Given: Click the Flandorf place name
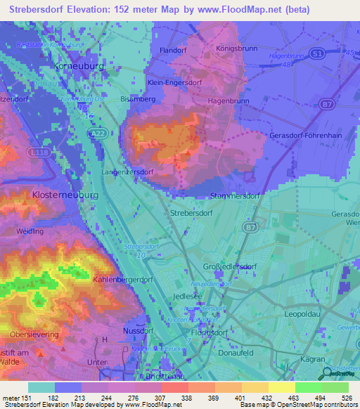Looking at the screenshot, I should pos(173,51).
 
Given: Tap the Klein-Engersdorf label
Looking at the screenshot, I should pos(174,82).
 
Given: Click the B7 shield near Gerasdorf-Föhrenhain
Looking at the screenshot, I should pos(328,105).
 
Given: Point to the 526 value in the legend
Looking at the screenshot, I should pos(347,398).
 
